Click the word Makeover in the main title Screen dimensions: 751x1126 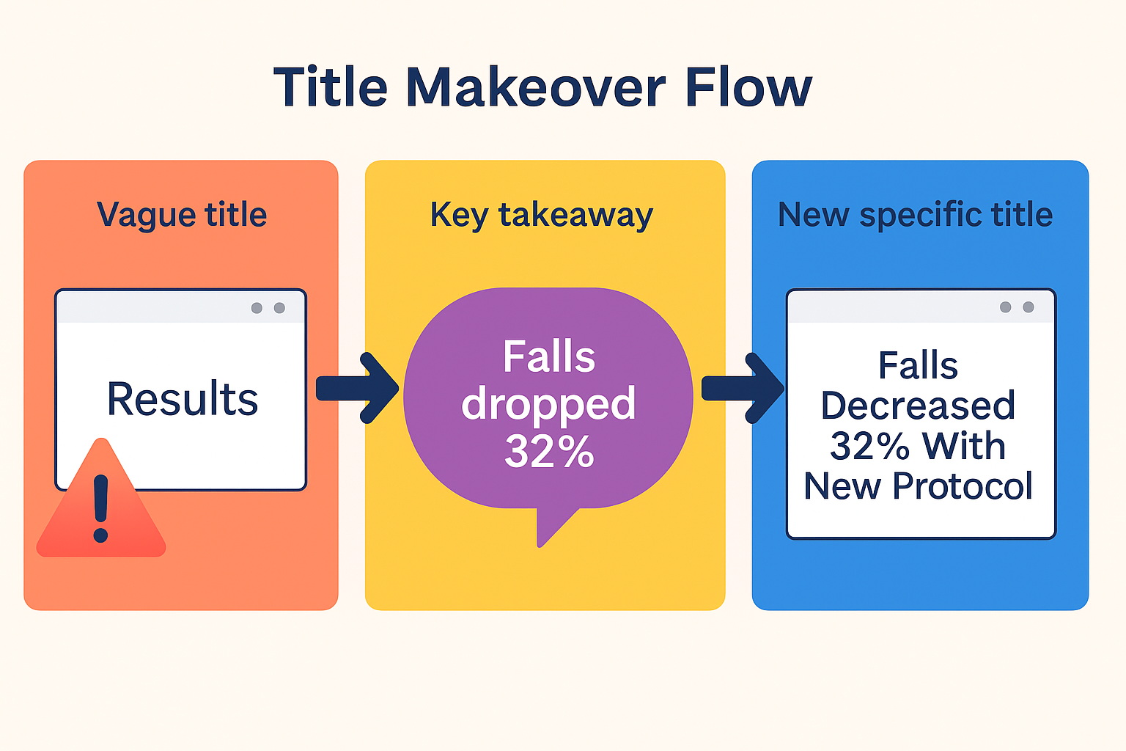[x=536, y=87]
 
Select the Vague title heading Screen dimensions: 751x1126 [x=182, y=215]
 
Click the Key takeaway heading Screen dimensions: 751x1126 [x=541, y=215]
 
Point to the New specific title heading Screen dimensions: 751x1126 [x=915, y=215]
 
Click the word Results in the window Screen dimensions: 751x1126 [x=183, y=400]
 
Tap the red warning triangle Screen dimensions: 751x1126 [x=101, y=506]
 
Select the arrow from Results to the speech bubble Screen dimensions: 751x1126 [x=358, y=388]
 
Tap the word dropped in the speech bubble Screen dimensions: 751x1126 [x=548, y=404]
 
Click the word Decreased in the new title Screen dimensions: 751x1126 [x=918, y=406]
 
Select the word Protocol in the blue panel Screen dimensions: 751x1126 [x=963, y=486]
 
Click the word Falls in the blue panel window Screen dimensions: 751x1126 [x=918, y=365]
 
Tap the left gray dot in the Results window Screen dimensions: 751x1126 [x=257, y=308]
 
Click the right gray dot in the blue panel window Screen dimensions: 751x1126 [x=1029, y=307]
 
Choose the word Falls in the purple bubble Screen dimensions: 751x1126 [x=549, y=357]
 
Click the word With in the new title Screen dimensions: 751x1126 [x=963, y=446]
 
